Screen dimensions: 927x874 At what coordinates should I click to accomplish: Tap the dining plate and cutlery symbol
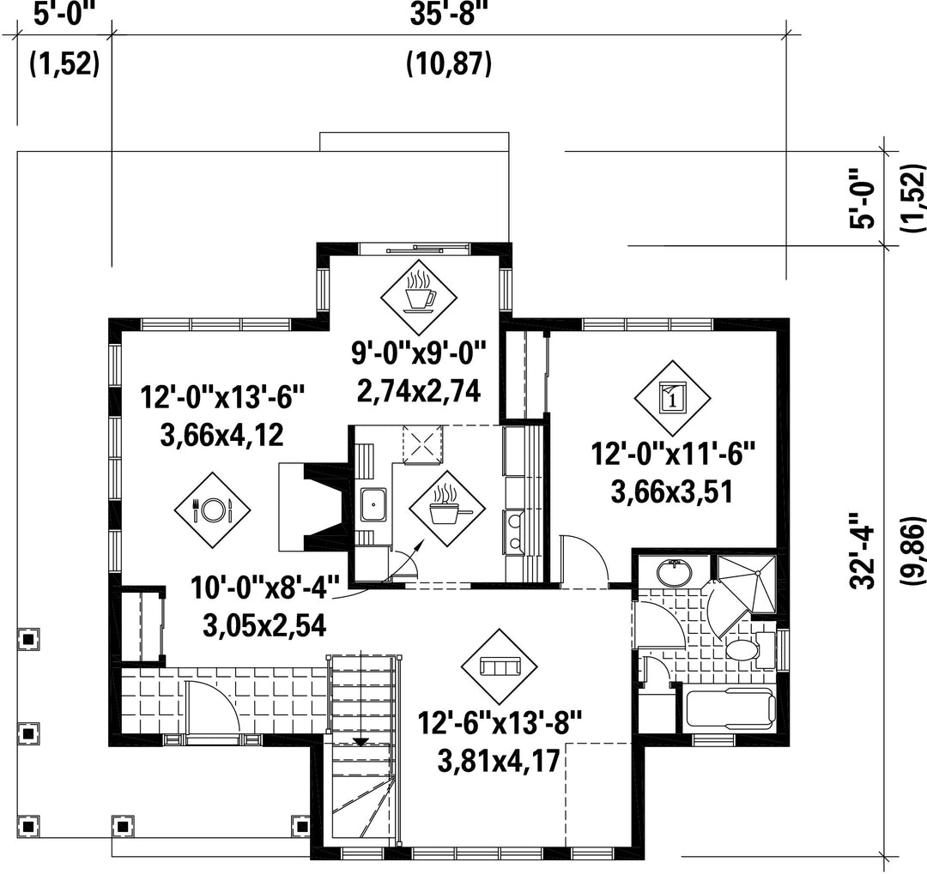212,509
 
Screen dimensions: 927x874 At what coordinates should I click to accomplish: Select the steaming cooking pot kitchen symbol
447,507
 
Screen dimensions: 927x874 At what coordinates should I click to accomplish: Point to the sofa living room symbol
500,666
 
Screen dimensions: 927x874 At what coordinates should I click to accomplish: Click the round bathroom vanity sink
674,571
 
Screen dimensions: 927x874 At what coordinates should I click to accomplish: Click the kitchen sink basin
373,504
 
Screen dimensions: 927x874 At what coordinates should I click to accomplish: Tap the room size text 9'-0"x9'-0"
419,353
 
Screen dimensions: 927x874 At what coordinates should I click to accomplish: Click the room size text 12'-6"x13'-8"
500,722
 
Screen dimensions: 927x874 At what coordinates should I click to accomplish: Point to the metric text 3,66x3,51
672,491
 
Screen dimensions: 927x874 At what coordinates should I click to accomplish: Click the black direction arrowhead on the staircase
360,742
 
